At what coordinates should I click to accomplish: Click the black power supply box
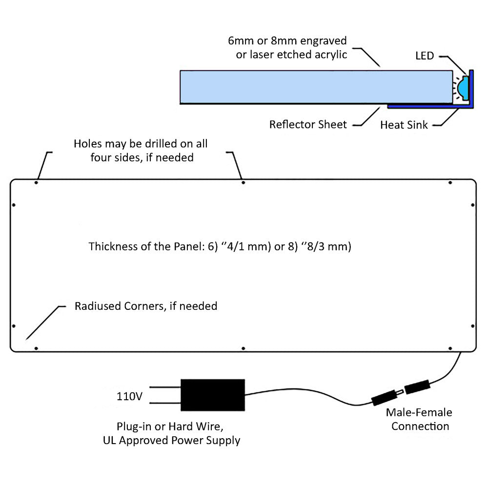213,395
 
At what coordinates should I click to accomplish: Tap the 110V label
129,396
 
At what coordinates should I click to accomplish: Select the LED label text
424,56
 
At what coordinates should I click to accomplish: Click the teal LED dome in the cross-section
463,88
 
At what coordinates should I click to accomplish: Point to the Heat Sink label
404,125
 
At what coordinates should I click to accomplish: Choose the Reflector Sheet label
308,124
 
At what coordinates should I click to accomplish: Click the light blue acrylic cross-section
315,87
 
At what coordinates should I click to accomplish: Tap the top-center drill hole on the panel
244,183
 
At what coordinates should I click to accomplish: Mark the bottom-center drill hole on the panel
244,348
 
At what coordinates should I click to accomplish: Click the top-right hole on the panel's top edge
450,183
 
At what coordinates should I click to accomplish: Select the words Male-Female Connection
419,419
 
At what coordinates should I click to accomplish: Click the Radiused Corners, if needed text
146,306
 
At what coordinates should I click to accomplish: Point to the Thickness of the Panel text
220,246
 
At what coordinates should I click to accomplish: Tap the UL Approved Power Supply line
171,440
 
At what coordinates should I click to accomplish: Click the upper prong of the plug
164,387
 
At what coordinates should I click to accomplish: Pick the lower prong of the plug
164,403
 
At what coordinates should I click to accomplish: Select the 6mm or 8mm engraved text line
287,41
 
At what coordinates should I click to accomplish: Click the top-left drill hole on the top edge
37,183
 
